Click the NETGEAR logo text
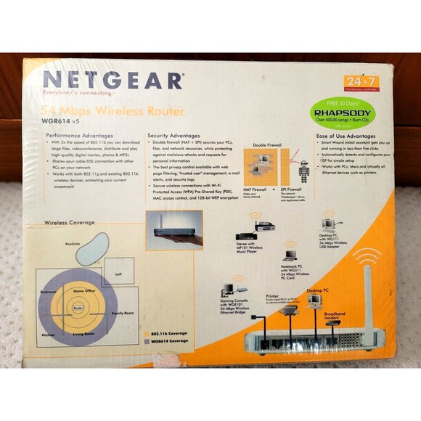tap(113, 81)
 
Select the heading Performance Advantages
tap(78, 135)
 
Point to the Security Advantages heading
tap(174, 135)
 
